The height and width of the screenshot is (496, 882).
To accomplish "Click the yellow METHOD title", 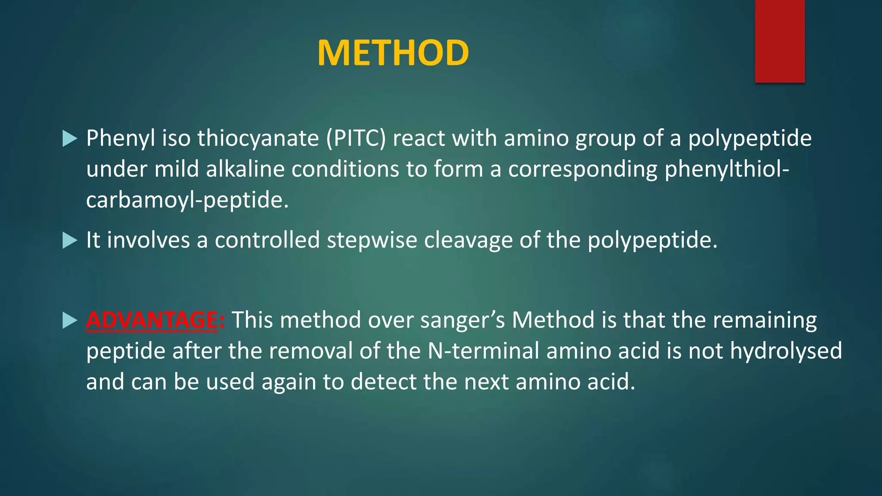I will [393, 53].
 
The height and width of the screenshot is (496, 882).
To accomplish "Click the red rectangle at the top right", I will [780, 41].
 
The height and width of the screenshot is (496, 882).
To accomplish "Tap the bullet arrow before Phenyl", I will [69, 139].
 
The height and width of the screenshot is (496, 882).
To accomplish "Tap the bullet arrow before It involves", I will [69, 240].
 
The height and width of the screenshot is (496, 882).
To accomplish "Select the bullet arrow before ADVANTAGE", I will [69, 320].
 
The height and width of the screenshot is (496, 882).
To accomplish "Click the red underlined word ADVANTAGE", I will [152, 320].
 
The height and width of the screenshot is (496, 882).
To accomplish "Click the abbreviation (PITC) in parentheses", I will [356, 139].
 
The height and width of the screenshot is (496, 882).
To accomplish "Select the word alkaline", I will [245, 169].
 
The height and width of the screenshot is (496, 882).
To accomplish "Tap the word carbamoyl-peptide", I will [187, 200].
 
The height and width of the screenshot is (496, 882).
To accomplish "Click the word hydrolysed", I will [786, 351].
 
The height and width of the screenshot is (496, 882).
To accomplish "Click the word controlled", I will [267, 240].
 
